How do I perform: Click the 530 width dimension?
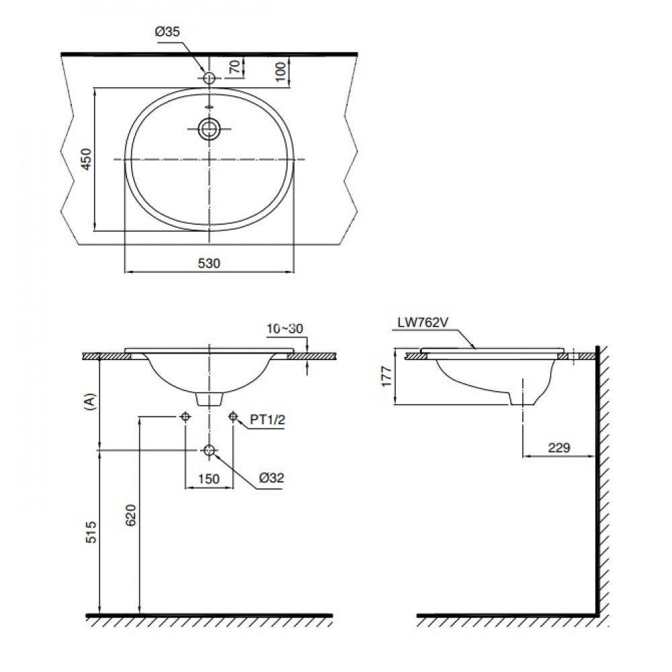click(x=210, y=263)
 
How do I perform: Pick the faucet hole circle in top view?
click(x=210, y=79)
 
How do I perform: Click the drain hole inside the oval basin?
click(x=210, y=128)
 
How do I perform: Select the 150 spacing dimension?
click(x=209, y=478)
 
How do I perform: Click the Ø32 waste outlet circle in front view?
click(x=210, y=450)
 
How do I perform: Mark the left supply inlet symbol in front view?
click(x=186, y=417)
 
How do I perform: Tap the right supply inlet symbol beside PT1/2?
click(x=233, y=417)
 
